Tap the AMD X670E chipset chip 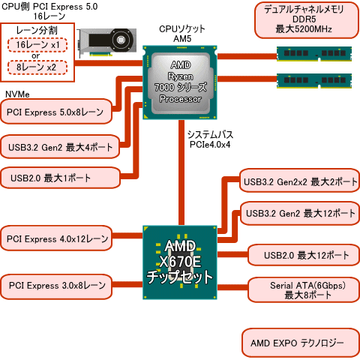coord(180,263)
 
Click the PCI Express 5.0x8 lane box coord(57,112)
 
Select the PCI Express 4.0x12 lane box coord(57,239)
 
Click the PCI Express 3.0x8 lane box coord(57,286)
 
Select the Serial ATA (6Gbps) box coord(302,290)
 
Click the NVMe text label coord(18,94)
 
